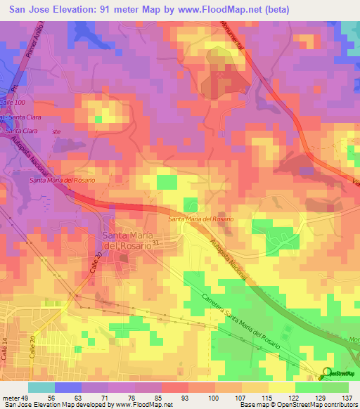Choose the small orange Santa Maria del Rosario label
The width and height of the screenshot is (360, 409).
pos(200,220)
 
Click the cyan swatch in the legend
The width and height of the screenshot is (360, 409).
pos(41,387)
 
